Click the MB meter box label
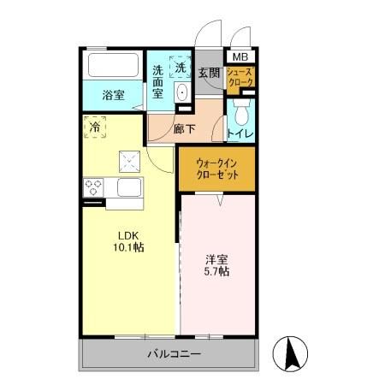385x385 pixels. [240, 56]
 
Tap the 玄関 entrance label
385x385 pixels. [209, 73]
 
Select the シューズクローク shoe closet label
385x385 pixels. [240, 77]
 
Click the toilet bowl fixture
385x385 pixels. [241, 111]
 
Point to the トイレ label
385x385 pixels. [240, 133]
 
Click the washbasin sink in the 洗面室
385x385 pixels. [181, 92]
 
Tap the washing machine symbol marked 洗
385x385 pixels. [181, 67]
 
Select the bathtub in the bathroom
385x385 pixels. [113, 65]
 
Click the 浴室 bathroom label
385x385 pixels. [113, 95]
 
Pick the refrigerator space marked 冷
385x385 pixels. [95, 127]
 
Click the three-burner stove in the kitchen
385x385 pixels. [93, 187]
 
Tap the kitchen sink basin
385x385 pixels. [129, 187]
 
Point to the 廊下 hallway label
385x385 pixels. [185, 129]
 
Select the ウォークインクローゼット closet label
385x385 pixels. [217, 169]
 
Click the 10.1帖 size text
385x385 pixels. [128, 247]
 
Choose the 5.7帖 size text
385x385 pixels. [216, 271]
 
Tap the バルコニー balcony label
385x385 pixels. [175, 354]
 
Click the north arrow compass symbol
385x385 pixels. [290, 353]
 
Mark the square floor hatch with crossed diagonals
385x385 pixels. [130, 162]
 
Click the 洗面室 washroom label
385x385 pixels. [157, 82]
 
